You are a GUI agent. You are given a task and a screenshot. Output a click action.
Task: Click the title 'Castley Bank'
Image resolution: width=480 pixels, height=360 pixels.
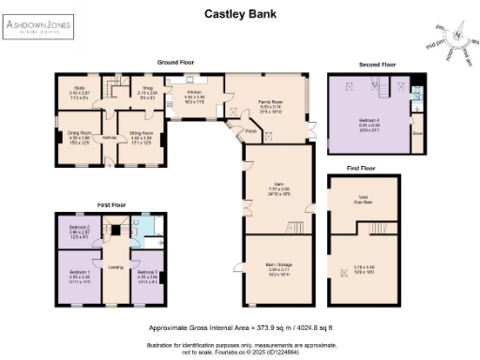coord(239,14)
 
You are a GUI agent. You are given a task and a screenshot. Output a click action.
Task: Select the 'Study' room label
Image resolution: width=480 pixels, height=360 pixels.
coord(76,91)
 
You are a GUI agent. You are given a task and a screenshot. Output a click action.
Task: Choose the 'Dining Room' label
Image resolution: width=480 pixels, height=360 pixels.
coord(76,133)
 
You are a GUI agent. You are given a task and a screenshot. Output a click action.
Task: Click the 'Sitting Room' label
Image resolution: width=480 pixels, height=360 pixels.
coord(141,133)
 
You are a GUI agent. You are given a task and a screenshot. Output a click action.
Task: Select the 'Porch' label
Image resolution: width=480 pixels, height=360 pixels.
coord(251,131)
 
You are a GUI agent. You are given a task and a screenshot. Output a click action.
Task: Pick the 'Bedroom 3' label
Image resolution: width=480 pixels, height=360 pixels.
coord(146,274)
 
